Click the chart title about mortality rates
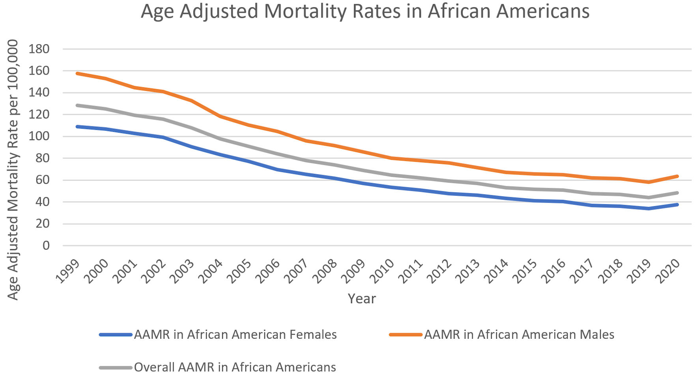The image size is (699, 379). [x=365, y=11]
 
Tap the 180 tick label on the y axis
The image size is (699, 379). [x=39, y=49]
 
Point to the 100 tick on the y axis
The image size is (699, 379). [x=39, y=137]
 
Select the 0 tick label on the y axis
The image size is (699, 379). [x=46, y=246]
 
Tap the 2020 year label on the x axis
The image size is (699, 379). [x=668, y=271]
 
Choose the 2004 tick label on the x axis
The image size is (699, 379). [x=211, y=271]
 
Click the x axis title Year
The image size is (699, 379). [x=362, y=298]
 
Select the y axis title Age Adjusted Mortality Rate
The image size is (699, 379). [x=13, y=170]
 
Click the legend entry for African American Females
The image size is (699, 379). [x=235, y=335]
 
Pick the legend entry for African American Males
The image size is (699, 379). [x=519, y=335]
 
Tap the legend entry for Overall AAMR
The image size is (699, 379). [x=235, y=368]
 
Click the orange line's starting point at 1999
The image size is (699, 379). [x=77, y=73]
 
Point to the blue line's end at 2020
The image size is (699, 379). [x=677, y=205]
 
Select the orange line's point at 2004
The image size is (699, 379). [x=220, y=116]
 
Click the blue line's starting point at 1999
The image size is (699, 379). [x=77, y=127]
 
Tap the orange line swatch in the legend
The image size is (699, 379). [x=406, y=335]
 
